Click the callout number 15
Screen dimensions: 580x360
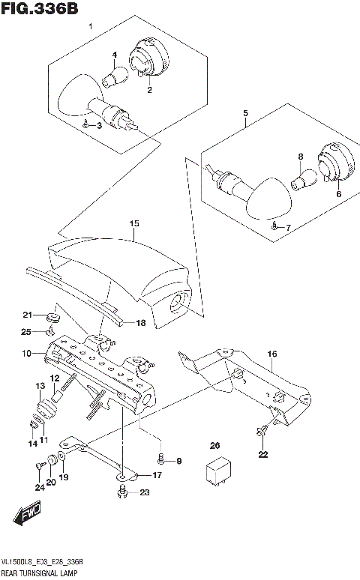click(x=134, y=223)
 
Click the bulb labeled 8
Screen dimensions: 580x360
click(x=301, y=179)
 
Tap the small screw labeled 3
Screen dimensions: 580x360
click(x=87, y=126)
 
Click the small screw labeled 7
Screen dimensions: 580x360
click(x=274, y=226)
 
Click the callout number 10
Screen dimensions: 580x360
click(x=26, y=352)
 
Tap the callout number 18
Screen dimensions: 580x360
click(x=140, y=323)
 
